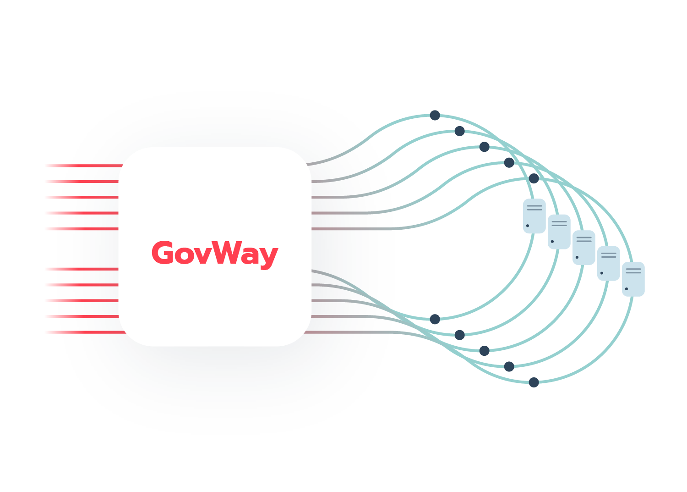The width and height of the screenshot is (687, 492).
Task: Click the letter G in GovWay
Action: [x=163, y=253]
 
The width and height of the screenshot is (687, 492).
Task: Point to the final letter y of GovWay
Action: [x=268, y=257]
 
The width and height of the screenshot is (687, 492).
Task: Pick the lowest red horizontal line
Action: [x=92, y=332]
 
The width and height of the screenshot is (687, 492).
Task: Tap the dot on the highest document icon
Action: [x=528, y=226]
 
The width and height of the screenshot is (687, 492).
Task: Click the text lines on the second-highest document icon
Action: [x=559, y=224]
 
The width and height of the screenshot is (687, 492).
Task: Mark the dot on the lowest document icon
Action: [x=627, y=289]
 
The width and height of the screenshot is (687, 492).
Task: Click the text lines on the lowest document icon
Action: [x=633, y=271]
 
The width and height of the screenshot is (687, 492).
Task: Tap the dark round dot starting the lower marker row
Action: [x=435, y=319]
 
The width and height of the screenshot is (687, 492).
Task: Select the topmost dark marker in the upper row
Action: [x=435, y=122]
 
